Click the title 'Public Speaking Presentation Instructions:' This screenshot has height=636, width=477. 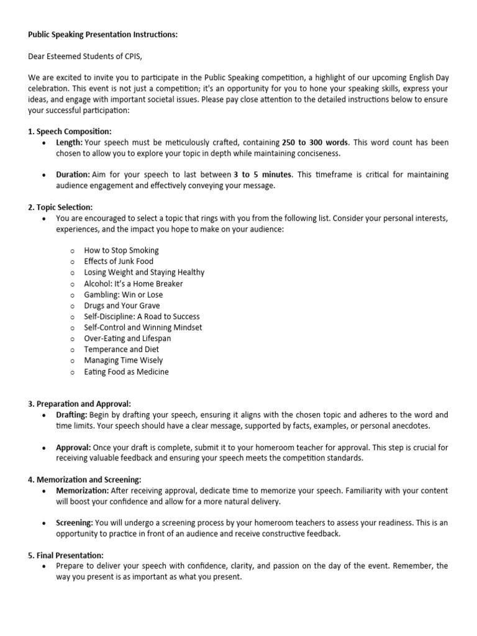pos(102,35)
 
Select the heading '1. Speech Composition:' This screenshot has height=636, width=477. pos(70,132)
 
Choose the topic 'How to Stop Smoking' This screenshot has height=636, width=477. pos(121,250)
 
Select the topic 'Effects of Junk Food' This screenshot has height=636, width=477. pos(119,261)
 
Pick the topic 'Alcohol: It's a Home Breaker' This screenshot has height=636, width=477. pos(134,283)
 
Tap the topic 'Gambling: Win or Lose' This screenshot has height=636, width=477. pos(123,294)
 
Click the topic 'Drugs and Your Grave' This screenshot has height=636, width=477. pos(122,306)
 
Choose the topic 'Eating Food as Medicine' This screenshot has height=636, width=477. pos(126,372)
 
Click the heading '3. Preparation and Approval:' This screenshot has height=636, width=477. pos(79,404)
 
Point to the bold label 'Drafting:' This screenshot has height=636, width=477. pos(71,415)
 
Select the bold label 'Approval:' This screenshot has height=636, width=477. pos(73,447)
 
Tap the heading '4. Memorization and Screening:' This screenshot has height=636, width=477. pos(84,479)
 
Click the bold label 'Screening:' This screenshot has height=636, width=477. pos(74,523)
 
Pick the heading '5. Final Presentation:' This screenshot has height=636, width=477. pos(66,555)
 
